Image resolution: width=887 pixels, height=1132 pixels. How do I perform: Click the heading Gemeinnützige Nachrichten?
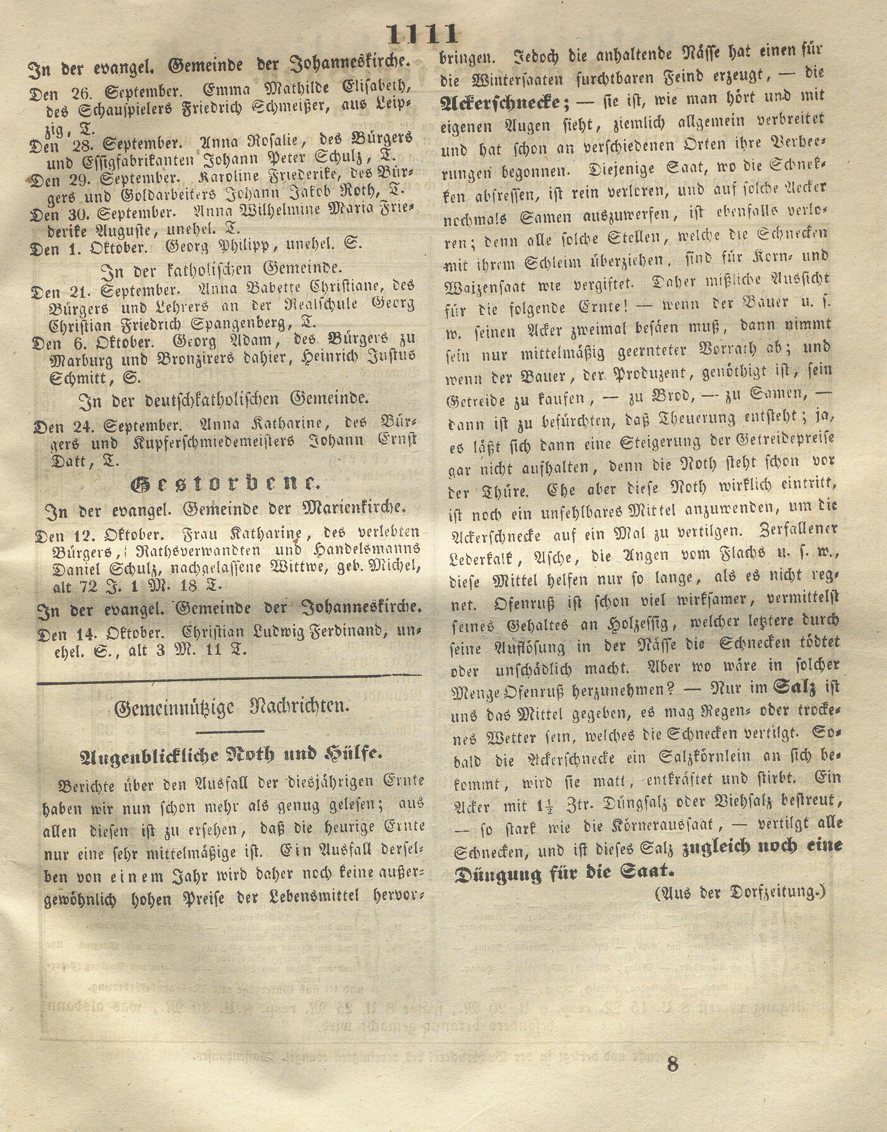click(231, 708)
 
